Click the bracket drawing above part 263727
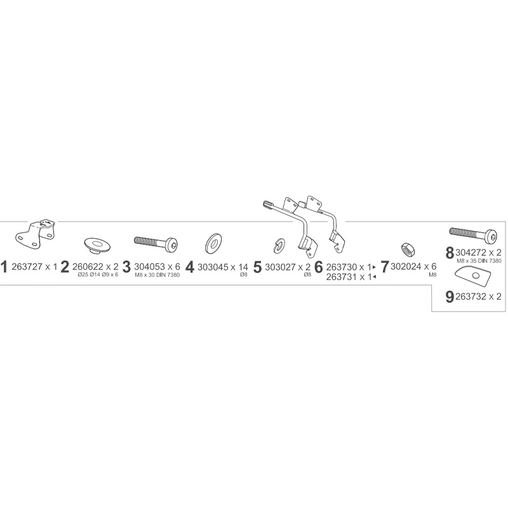36,233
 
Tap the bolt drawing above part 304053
156,242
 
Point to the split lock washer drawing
277,244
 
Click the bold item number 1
4,267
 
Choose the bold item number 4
189,267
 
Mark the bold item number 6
319,267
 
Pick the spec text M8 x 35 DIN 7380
479,261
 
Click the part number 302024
406,267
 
